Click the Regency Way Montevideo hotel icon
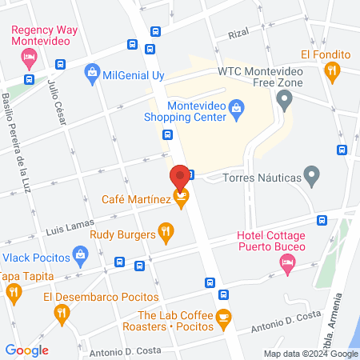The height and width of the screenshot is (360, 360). (30, 57)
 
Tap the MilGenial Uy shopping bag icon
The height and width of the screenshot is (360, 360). (92, 74)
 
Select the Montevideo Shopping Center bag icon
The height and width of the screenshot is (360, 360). (236, 108)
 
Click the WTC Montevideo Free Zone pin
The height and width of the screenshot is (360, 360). (283, 100)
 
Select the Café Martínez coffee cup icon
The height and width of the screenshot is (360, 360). (182, 198)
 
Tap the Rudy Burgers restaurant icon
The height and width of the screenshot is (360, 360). (166, 234)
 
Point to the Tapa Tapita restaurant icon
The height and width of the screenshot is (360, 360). (14, 293)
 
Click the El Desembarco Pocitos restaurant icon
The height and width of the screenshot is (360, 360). (63, 314)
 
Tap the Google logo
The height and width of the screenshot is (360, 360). (27, 350)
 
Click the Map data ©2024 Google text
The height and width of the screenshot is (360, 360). (311, 354)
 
